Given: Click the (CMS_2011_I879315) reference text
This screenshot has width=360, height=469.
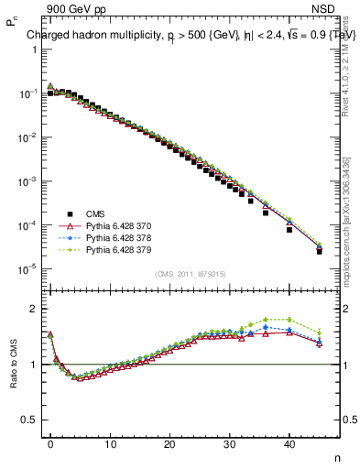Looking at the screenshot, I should (190, 274).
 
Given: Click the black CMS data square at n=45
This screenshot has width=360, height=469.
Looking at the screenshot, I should (319, 251).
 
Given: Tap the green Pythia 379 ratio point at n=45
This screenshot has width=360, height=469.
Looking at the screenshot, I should (319, 333).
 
